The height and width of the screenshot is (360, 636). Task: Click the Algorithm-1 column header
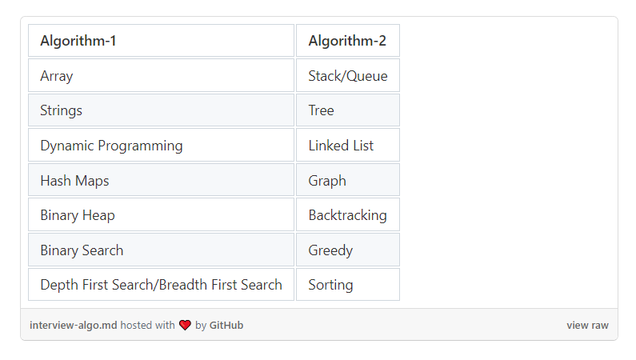(161, 41)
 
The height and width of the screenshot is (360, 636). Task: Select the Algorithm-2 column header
(348, 41)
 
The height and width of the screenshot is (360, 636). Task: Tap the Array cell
(161, 75)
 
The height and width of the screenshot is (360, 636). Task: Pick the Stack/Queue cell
(348, 75)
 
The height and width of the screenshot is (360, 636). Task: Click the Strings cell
(161, 110)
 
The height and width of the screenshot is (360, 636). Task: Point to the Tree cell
(348, 110)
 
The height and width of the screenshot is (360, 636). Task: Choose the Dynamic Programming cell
(161, 145)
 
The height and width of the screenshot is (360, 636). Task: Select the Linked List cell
(348, 145)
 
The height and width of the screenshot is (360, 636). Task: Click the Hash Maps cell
(161, 180)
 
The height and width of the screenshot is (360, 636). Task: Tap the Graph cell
(348, 180)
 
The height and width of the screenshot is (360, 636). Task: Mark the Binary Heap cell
(161, 215)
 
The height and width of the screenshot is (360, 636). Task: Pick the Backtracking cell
(348, 215)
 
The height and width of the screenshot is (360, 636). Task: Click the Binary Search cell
(161, 250)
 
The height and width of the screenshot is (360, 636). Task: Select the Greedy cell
(348, 250)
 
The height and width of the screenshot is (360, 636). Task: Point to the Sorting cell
(348, 285)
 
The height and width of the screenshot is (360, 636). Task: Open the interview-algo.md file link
(73, 325)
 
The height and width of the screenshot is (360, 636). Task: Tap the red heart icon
(185, 325)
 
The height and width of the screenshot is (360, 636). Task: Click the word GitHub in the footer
(226, 325)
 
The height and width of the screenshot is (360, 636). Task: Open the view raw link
(587, 325)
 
